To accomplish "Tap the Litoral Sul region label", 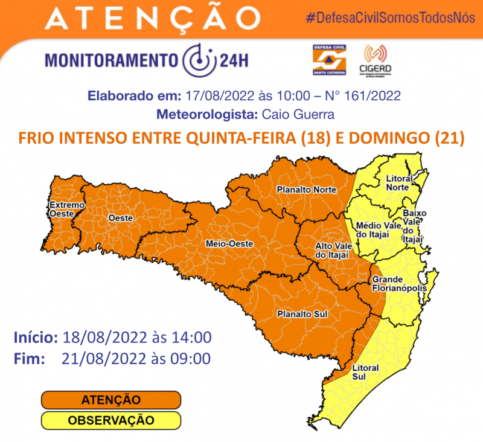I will (x=366, y=372).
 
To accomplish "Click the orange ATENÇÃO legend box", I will (x=111, y=400).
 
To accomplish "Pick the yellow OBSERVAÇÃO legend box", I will (x=111, y=420).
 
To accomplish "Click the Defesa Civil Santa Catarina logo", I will (x=328, y=60).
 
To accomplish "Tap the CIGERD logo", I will (x=378, y=60).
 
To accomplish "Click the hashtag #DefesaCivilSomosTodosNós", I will (x=389, y=16).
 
